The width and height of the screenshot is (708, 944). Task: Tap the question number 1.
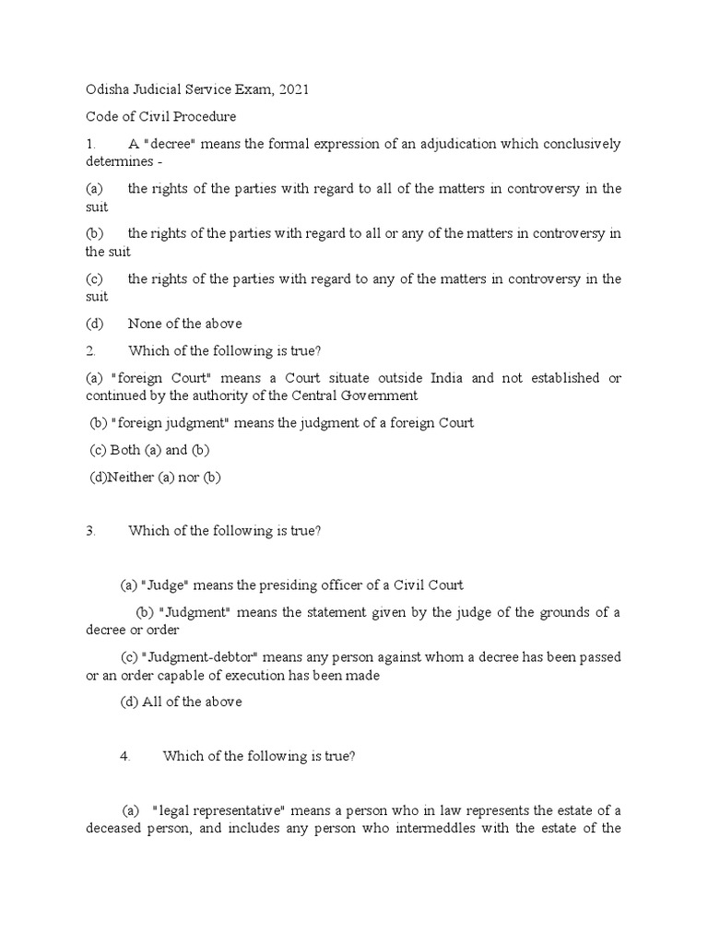90,145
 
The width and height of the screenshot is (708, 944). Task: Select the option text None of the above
185,324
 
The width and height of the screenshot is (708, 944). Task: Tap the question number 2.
90,351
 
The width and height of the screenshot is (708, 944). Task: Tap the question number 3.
90,531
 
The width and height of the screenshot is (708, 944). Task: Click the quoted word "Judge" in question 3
164,585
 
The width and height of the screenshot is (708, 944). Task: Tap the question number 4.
124,756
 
